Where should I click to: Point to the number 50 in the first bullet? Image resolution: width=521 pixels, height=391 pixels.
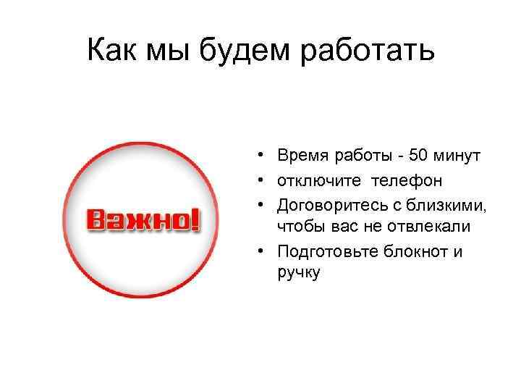(418, 156)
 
